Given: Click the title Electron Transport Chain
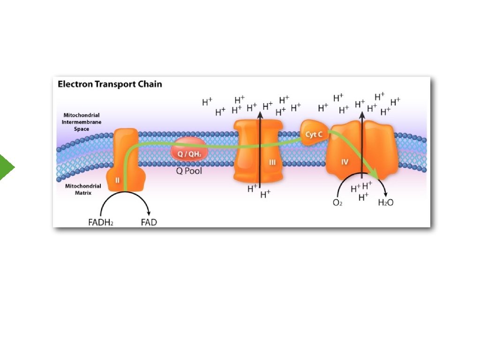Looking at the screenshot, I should point(110,84).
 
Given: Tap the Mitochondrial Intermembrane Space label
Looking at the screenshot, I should point(82,122).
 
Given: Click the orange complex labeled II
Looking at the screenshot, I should point(123,159).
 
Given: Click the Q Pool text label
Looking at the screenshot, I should point(189,171).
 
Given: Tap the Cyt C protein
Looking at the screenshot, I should point(313,134).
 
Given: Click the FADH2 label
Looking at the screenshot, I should point(101,222).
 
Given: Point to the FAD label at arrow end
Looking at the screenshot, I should point(149,222).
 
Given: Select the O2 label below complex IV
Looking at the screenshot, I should point(337,203).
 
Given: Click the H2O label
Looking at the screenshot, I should point(385,203).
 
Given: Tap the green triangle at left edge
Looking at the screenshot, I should point(7,167).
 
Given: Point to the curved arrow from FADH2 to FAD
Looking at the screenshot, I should point(124,196).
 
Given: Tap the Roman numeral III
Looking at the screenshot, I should point(272,163).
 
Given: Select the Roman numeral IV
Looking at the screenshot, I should point(345,162).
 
